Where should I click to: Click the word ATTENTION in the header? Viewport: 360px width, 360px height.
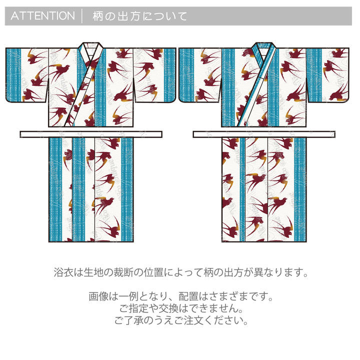(42, 16)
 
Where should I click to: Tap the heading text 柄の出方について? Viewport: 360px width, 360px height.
(140, 16)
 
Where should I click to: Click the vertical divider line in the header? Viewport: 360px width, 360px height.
(82, 16)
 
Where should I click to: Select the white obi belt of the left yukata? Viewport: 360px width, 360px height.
(91, 134)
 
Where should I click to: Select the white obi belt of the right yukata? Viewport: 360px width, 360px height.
(264, 134)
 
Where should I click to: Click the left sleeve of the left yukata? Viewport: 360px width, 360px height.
(27, 75)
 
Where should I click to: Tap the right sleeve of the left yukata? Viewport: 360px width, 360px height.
(154, 75)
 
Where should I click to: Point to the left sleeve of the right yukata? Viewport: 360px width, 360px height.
(200, 75)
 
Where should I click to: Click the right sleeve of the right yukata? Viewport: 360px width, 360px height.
(328, 75)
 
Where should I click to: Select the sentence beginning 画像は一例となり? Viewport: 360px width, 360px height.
(180, 296)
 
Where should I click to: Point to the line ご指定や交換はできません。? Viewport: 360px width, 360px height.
(181, 308)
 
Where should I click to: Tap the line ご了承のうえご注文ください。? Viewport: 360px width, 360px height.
(181, 320)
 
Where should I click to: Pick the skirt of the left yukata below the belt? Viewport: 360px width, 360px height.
(91, 189)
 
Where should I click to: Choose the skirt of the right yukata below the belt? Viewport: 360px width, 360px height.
(264, 189)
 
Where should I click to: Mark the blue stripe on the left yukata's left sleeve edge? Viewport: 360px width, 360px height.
(13, 75)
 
